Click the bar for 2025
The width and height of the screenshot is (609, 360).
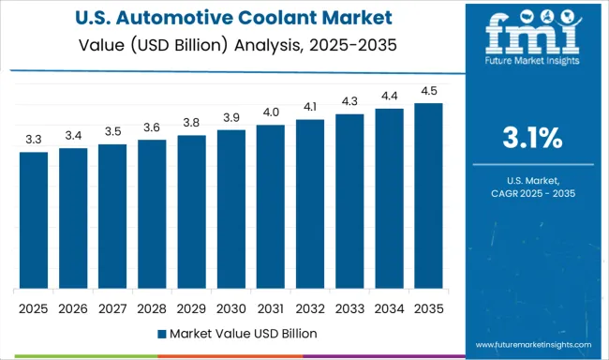pos(34,220)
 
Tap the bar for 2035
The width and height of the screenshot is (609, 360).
pos(428,196)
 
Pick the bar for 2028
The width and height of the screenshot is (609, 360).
pos(152,215)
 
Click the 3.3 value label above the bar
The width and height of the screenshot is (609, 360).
pos(34,139)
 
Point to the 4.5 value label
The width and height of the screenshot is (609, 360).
pos(428,90)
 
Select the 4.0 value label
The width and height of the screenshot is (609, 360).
pos(270,112)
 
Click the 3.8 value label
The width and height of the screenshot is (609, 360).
pos(191,122)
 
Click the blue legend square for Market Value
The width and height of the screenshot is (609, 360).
pos(161,333)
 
